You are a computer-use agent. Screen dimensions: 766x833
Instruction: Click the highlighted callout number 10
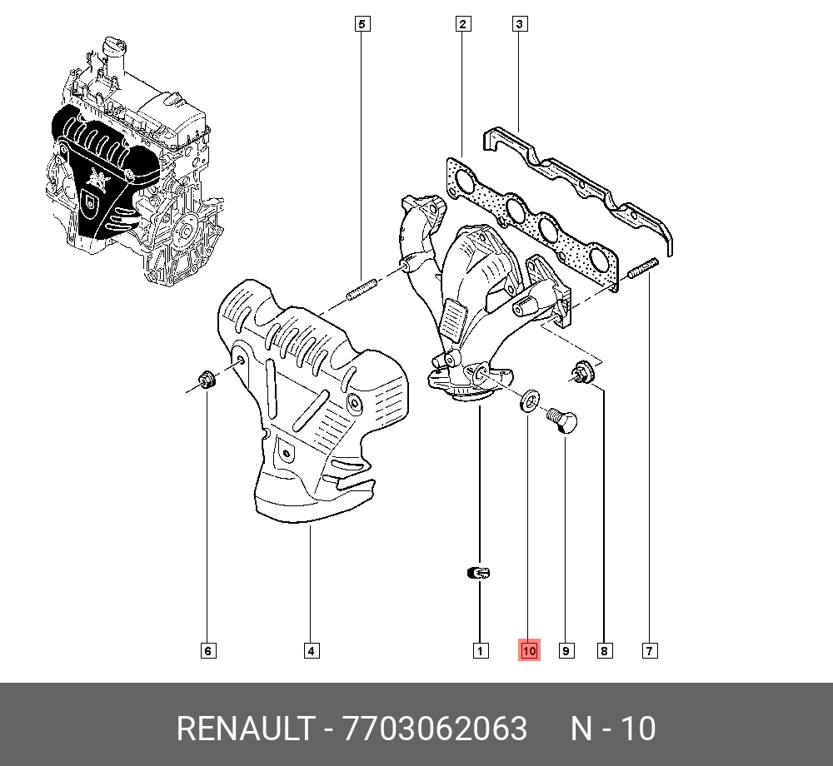pyautogui.click(x=530, y=650)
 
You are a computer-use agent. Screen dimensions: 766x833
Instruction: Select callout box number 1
pyautogui.click(x=480, y=650)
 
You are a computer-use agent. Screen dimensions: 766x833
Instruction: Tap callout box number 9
pyautogui.click(x=566, y=650)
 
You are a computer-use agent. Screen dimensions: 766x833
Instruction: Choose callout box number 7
pyautogui.click(x=650, y=650)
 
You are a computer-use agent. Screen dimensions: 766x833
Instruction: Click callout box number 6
pyautogui.click(x=208, y=650)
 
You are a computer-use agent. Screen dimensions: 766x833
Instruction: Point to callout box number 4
pyautogui.click(x=310, y=650)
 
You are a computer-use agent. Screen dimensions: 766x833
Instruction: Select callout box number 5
pyautogui.click(x=362, y=24)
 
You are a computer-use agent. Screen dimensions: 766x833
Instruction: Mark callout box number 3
pyautogui.click(x=518, y=24)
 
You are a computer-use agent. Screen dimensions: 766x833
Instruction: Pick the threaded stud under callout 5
pyautogui.click(x=361, y=291)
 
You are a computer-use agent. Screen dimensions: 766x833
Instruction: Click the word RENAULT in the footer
pyautogui.click(x=243, y=729)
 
